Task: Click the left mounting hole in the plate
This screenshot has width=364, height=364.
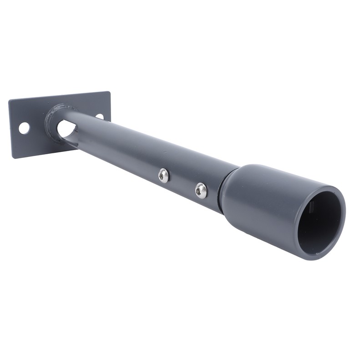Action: click(24, 128)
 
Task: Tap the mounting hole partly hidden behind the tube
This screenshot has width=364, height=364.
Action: click(100, 116)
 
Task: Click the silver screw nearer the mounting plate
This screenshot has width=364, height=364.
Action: click(164, 175)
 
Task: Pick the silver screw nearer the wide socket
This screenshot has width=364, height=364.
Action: click(201, 190)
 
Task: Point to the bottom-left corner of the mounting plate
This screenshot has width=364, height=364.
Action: click(12, 157)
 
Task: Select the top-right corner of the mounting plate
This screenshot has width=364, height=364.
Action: click(110, 92)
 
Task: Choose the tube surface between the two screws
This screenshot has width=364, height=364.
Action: click(182, 182)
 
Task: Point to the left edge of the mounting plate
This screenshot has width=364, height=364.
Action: click(10, 130)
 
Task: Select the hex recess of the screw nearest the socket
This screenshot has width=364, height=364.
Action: click(200, 191)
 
